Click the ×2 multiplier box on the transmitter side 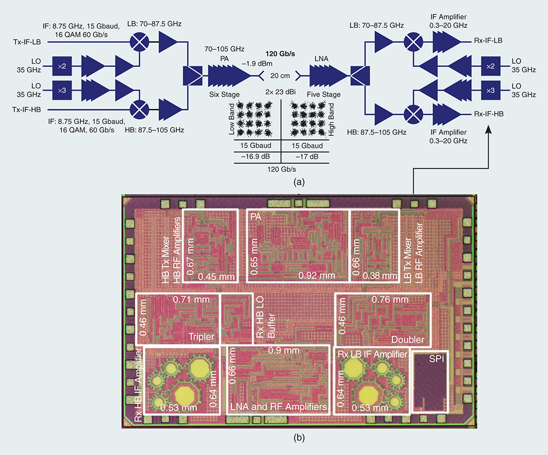[x=62, y=66]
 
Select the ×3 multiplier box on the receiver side [x=490, y=89]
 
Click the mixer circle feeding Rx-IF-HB [x=414, y=113]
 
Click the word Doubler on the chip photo [x=407, y=339]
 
